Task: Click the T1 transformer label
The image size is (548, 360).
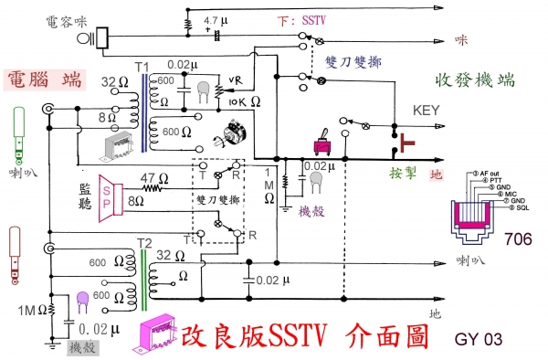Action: tap(141, 69)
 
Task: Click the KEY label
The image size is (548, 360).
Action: tap(427, 108)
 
